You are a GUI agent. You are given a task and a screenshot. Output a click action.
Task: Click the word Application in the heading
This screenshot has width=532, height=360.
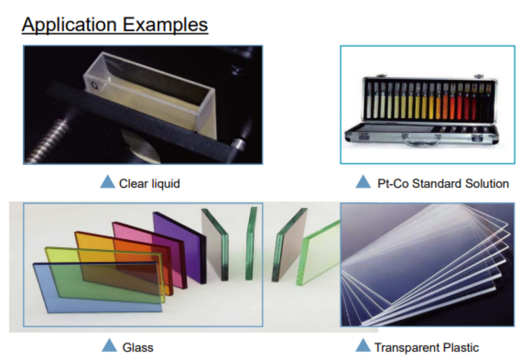(x=69, y=25)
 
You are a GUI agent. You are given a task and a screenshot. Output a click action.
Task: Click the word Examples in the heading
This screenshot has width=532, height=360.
(x=165, y=24)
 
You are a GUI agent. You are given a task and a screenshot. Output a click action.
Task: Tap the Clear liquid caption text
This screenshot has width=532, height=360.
(x=150, y=183)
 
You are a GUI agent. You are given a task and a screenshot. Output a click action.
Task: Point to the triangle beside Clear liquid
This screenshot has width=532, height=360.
(x=108, y=181)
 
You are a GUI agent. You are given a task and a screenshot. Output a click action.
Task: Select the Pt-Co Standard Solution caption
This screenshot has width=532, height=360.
(x=443, y=183)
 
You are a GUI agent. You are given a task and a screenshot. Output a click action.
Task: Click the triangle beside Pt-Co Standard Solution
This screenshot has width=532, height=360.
(x=363, y=181)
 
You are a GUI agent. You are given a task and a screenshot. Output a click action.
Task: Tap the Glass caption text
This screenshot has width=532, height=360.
(x=138, y=347)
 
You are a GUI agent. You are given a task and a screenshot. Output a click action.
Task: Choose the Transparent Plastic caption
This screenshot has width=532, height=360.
(x=427, y=347)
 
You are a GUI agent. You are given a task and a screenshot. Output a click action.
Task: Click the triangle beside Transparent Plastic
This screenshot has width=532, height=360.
(x=363, y=345)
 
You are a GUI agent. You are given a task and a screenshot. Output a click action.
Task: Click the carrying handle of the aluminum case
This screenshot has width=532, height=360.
(x=421, y=139)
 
